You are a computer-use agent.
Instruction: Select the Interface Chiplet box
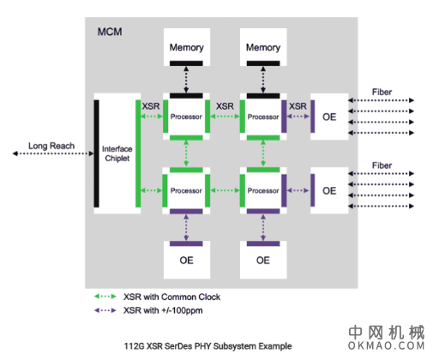[117, 153]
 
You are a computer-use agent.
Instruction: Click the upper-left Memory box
[186, 46]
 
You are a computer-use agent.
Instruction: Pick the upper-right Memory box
[262, 46]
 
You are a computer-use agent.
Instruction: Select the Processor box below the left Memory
[186, 116]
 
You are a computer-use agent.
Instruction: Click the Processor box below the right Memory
[262, 116]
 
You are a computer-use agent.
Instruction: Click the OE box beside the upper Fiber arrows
[329, 116]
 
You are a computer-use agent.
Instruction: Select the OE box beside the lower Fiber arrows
[329, 190]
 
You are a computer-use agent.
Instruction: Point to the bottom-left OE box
[186, 260]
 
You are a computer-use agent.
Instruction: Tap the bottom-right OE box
[262, 260]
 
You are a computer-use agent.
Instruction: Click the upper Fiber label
[382, 91]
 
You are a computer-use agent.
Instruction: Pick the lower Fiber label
[382, 165]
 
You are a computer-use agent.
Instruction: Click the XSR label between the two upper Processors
[225, 106]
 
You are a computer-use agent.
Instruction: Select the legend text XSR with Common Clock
[172, 297]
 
